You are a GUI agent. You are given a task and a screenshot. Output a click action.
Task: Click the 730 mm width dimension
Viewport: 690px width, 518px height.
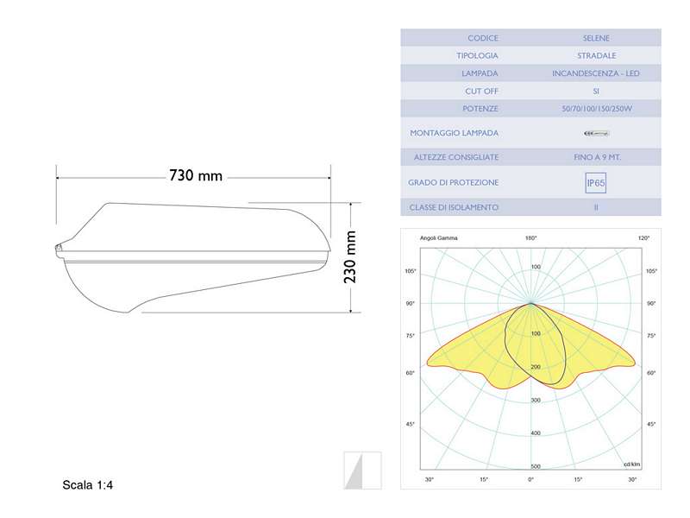(x=196, y=176)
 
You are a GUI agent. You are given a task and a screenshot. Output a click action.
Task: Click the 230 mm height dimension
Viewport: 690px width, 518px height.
(x=350, y=257)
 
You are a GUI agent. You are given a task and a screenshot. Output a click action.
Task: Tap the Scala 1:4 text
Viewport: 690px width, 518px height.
(x=88, y=485)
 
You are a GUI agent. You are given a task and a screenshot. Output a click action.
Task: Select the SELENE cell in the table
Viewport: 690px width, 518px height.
(x=596, y=38)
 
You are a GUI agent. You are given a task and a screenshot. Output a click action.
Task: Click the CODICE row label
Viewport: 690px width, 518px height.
(x=483, y=38)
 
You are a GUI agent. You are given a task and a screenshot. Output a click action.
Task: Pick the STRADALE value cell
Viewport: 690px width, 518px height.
(x=596, y=55)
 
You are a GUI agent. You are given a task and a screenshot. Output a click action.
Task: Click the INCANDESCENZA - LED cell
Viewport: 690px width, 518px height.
(x=596, y=73)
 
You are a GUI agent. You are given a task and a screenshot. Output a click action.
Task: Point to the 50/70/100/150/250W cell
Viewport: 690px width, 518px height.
(x=596, y=109)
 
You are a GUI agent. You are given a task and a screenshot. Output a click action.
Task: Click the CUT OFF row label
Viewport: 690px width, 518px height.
(x=482, y=91)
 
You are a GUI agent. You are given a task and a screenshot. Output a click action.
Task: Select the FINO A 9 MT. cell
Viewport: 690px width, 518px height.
(x=596, y=157)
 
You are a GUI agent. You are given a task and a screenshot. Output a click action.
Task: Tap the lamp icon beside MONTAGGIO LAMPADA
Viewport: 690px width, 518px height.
(x=596, y=133)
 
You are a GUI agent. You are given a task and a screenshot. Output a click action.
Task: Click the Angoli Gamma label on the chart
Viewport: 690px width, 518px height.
(x=439, y=238)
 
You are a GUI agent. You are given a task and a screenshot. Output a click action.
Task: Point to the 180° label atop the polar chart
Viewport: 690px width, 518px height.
(x=531, y=238)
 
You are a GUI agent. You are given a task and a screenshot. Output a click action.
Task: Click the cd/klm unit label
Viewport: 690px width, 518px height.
(x=633, y=464)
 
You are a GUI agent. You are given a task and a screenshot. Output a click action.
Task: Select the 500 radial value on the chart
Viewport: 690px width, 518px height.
(x=536, y=466)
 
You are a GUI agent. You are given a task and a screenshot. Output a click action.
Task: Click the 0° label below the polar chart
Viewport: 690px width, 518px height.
(x=531, y=479)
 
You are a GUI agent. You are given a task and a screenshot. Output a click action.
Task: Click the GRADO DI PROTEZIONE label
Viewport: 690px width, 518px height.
(x=454, y=183)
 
